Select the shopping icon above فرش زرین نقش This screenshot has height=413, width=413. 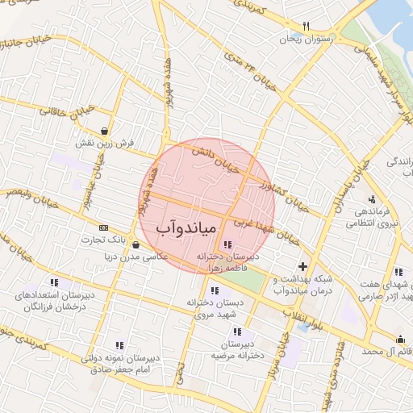(106, 131)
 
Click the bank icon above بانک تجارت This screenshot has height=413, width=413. (103, 227)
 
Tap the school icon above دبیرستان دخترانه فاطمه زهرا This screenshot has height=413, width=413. (227, 244)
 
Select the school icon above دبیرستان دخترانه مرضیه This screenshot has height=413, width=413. (236, 332)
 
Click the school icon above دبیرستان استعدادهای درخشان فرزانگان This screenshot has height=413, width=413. (54, 282)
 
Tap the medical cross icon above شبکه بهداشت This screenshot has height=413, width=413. (302, 267)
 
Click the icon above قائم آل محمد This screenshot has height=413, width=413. (401, 339)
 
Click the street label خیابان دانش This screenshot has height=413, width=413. (216, 158)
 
